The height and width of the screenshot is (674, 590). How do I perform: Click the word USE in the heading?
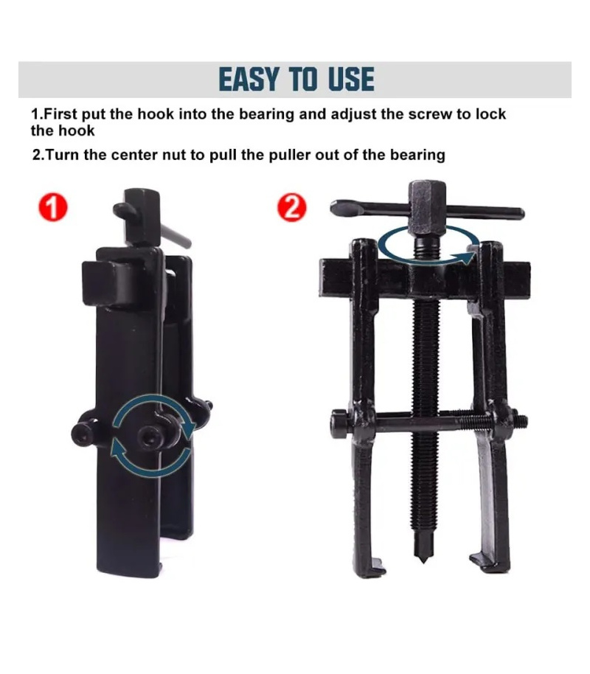tap(351, 79)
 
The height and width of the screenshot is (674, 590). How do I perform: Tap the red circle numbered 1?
tap(52, 207)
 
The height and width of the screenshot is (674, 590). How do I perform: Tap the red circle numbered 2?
tap(292, 208)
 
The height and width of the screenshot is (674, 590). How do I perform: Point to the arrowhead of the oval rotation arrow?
tap(467, 258)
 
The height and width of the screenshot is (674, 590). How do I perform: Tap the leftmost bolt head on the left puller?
tap(84, 434)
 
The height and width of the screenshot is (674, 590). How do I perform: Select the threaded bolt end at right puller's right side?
tap(521, 421)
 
